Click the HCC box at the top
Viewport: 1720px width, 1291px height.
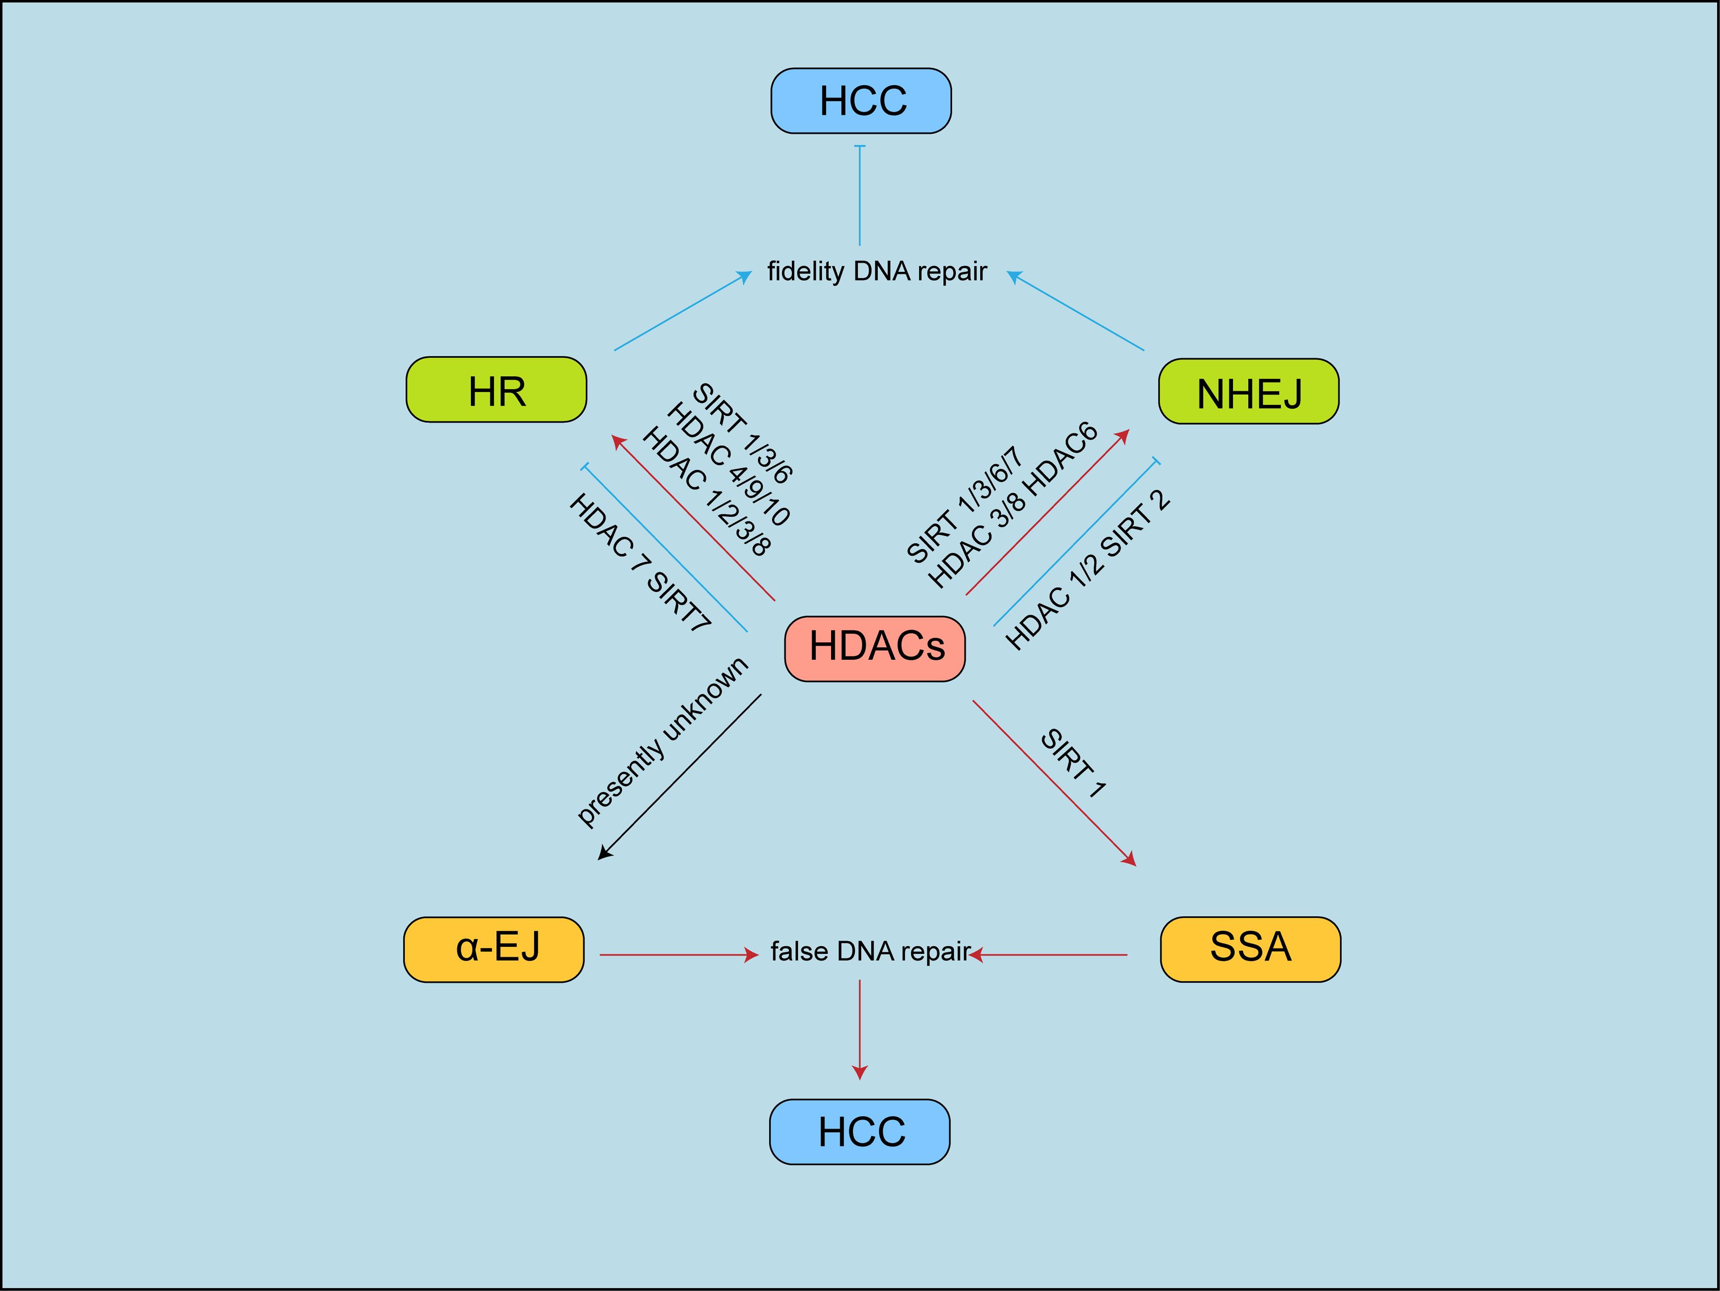point(861,101)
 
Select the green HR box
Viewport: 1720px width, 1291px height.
point(496,390)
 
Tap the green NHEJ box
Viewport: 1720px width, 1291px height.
point(1248,392)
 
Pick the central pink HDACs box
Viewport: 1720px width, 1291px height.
point(875,649)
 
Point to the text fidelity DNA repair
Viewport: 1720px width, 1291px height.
point(876,271)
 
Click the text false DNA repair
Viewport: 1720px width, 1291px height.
point(869,951)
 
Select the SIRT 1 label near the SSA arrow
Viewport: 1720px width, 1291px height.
point(1073,764)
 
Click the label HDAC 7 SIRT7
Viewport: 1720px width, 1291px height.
point(639,562)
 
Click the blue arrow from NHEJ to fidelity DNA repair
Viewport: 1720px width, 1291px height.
point(1077,311)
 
